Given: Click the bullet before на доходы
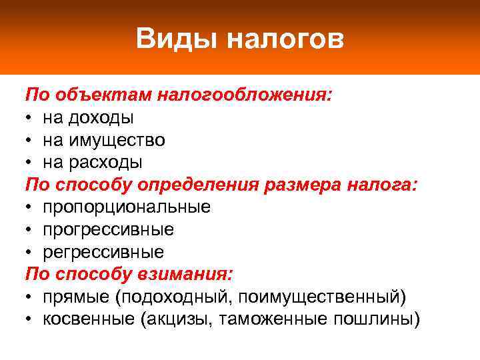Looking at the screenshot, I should click(30, 118).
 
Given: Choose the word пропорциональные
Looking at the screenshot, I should click(127, 207).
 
